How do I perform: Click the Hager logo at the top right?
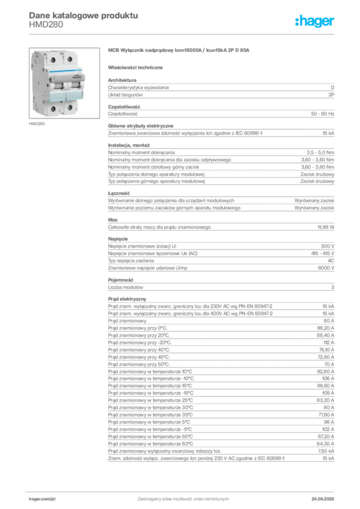(x=314, y=21)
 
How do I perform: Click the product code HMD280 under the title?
(x=46, y=25)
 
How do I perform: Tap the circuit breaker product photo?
(x=64, y=83)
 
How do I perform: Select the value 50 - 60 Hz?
(x=322, y=114)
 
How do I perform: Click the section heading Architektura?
(x=122, y=80)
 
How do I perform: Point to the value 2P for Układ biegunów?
(x=331, y=95)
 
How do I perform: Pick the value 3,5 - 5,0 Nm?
(x=320, y=152)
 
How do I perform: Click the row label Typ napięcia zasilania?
(x=131, y=260)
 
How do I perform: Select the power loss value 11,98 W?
(x=326, y=227)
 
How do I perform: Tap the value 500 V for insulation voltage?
(x=328, y=246)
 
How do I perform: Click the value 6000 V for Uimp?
(x=326, y=268)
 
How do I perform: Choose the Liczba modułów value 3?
(x=333, y=287)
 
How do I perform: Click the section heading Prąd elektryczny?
(x=127, y=299)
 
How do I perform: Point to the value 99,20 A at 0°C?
(x=325, y=328)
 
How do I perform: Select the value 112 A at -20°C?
(x=329, y=342)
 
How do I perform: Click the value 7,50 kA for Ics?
(x=326, y=451)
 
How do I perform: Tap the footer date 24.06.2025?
(x=323, y=499)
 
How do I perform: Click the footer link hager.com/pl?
(x=42, y=499)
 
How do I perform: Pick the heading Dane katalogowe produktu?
(x=84, y=15)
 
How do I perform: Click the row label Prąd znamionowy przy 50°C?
(x=139, y=364)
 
